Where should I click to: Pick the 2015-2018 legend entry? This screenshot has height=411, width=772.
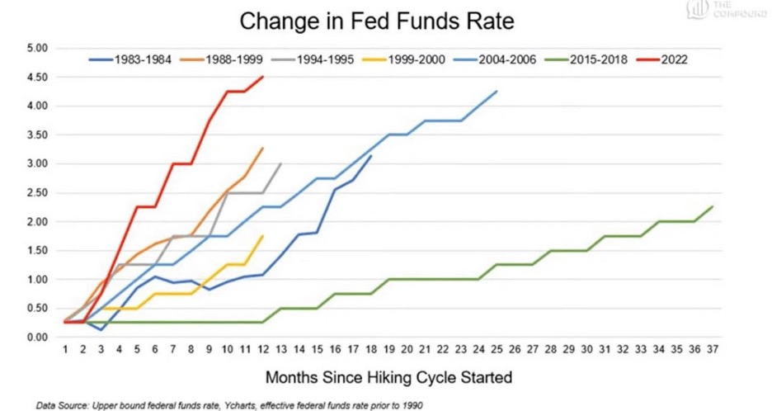tap(589, 59)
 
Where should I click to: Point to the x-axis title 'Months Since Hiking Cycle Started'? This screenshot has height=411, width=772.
tap(388, 379)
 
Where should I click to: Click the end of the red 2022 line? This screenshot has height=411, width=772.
tap(263, 77)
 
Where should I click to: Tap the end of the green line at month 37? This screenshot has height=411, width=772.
tap(713, 207)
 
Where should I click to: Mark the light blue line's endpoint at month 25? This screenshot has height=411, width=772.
tap(497, 92)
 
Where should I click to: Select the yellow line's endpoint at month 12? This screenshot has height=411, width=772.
tap(263, 236)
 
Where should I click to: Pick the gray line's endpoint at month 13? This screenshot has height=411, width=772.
tap(281, 163)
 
